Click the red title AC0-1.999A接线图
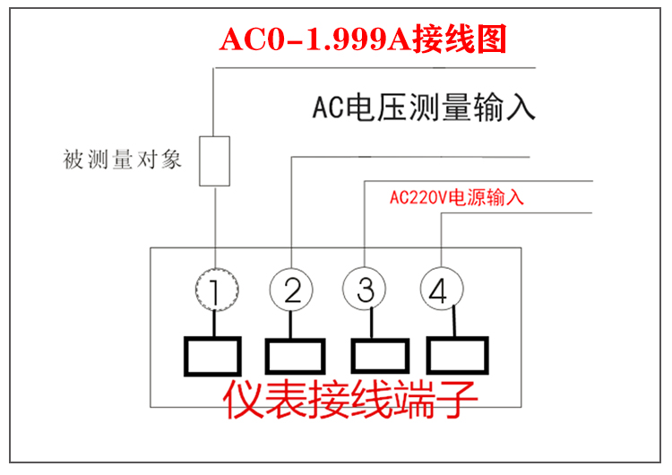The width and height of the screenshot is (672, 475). (364, 39)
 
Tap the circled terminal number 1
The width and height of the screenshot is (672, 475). (217, 289)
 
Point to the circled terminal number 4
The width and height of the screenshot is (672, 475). (441, 289)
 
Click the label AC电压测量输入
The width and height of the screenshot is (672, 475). (424, 108)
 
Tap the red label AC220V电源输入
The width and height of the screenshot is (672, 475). (457, 198)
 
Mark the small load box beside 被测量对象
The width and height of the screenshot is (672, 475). (216, 161)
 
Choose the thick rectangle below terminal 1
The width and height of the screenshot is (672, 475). (211, 356)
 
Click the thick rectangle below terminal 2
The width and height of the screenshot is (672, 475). (294, 356)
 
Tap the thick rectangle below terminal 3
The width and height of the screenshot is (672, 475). (377, 356)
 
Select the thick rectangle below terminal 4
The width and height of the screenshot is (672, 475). (458, 356)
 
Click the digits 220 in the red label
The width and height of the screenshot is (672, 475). (421, 198)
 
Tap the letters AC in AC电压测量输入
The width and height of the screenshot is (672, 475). (323, 108)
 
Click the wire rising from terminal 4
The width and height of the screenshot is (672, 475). (442, 242)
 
